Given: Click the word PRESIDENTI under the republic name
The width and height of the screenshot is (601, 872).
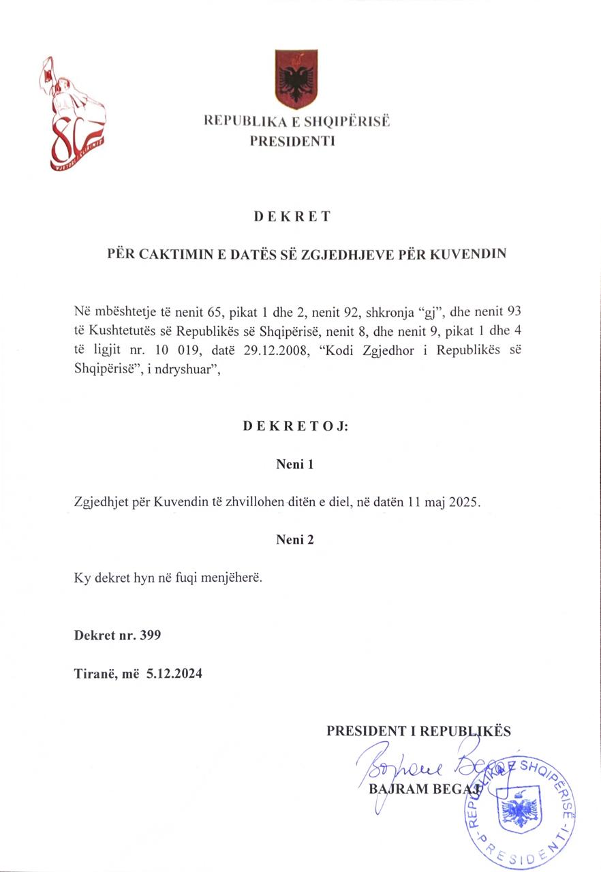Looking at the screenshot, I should coord(292,142).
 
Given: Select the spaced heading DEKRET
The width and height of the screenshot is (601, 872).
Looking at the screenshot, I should coord(292,217).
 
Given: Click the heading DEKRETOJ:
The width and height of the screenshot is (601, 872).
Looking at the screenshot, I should coord(295,427).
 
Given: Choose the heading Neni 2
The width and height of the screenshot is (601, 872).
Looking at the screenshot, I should coord(294,540).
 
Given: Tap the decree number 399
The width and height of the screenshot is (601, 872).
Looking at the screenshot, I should coord(149,636).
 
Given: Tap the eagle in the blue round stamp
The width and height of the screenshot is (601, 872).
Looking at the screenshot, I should coord(520,809).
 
